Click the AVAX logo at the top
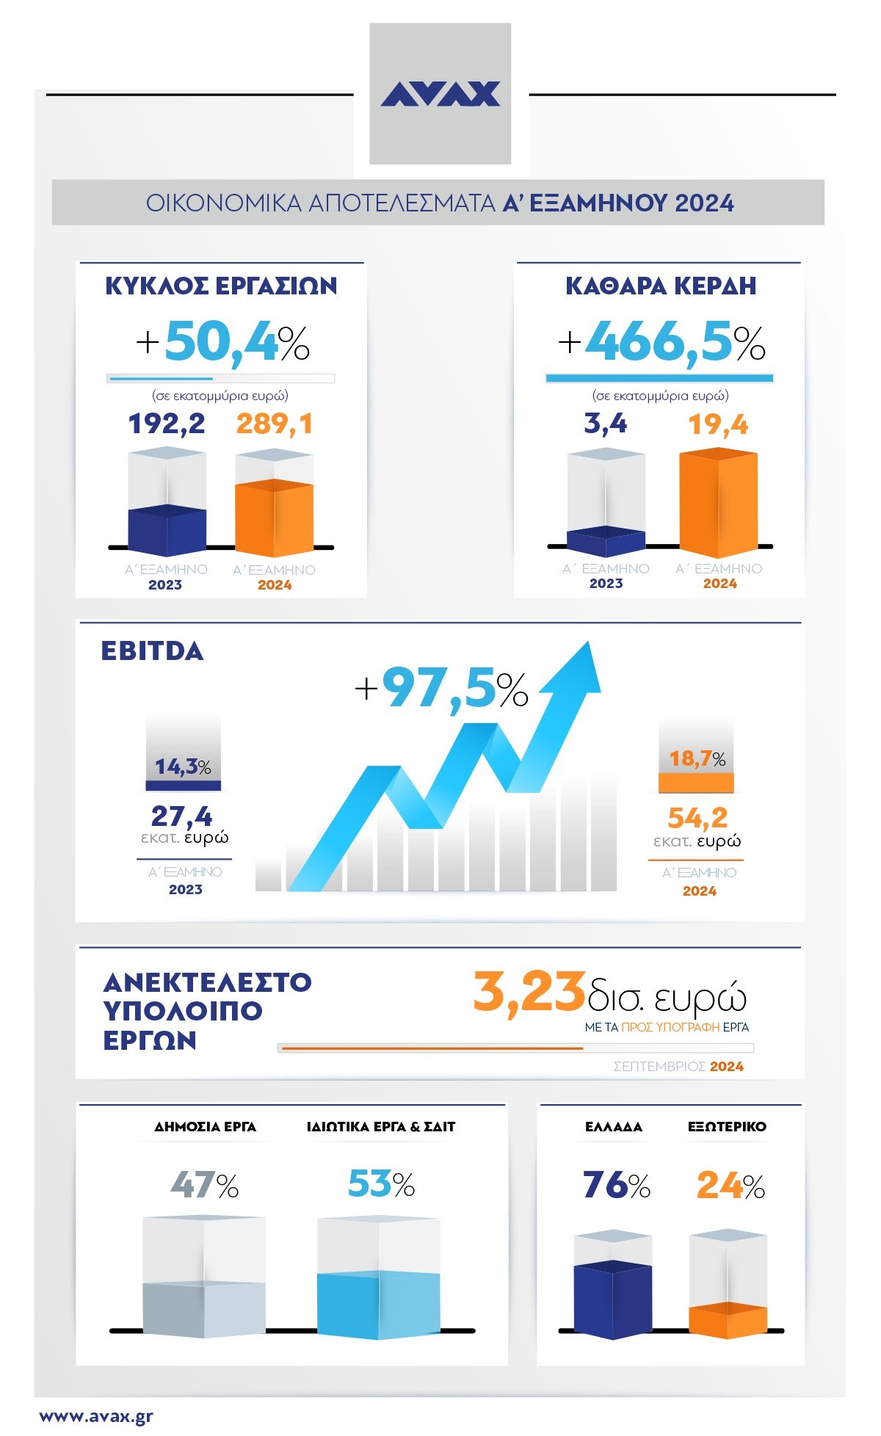(x=440, y=94)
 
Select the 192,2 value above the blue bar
(x=167, y=424)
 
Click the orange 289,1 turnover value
(x=275, y=424)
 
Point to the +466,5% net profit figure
(x=661, y=343)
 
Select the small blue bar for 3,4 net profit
(x=606, y=542)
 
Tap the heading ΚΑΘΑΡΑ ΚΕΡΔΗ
(x=660, y=286)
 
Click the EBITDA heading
(x=152, y=651)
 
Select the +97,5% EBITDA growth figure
(x=441, y=689)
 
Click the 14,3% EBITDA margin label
(x=183, y=767)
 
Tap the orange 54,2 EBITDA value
(x=697, y=817)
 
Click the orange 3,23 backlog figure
(x=529, y=993)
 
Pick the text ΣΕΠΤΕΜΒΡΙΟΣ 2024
(x=678, y=1066)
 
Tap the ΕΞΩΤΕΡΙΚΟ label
(x=727, y=1126)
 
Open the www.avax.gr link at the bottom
(x=96, y=1416)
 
